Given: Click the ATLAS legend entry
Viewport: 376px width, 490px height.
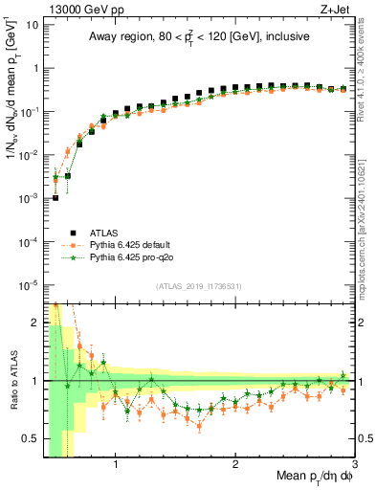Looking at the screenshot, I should tap(104, 231).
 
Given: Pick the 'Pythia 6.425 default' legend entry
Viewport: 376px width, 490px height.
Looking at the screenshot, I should tap(128, 244).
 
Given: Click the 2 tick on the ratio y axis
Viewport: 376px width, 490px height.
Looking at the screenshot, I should tap(35, 323).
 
